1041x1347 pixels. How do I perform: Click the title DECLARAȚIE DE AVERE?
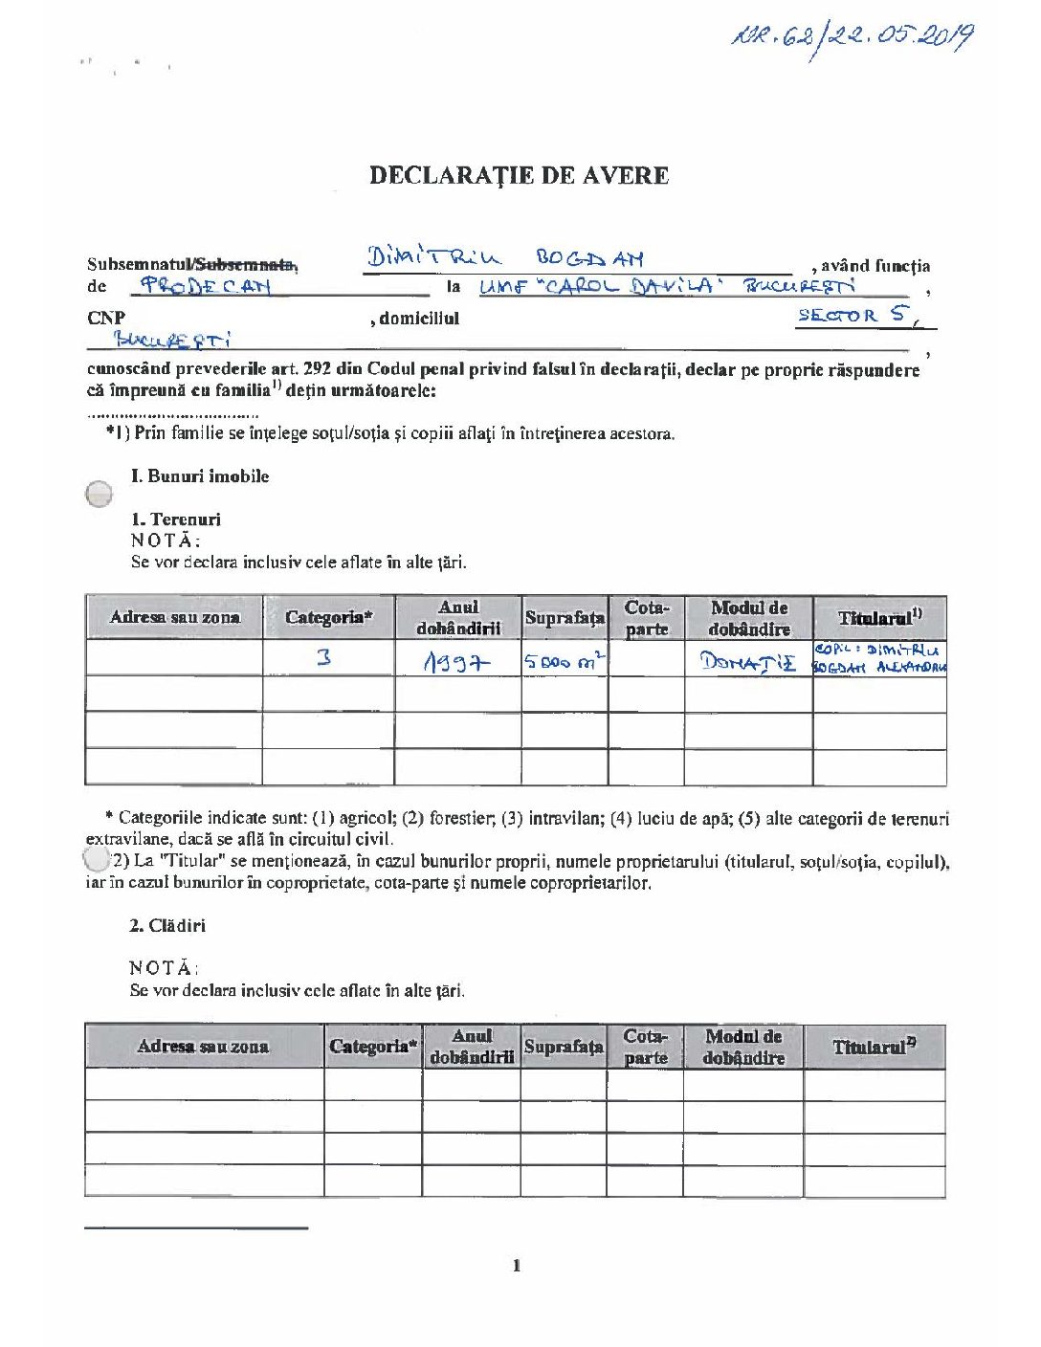point(519,175)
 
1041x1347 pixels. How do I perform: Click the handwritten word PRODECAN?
point(206,285)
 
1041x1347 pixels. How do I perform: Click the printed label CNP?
point(106,318)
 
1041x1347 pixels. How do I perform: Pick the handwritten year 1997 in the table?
point(456,661)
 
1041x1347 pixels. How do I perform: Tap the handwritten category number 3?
point(324,657)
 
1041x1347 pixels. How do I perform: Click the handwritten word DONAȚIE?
point(747,661)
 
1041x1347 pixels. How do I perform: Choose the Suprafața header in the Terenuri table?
point(565,618)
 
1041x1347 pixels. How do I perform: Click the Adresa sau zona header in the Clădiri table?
point(203,1046)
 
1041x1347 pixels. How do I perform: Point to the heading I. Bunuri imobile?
point(200,476)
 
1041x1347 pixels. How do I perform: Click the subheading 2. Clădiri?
point(167,925)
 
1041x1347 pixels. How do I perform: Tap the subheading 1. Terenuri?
point(176,519)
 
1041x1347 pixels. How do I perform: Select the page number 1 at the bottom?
point(518,1266)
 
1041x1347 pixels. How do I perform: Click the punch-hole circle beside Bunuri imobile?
point(99,494)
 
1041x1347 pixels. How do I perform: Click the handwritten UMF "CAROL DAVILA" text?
point(596,286)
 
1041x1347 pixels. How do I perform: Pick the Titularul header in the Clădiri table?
point(874,1047)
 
